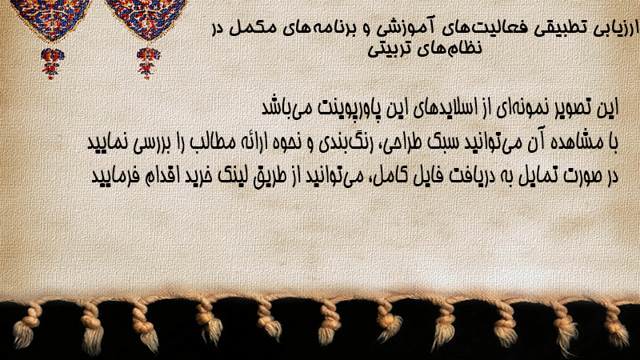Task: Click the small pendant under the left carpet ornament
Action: [52, 63]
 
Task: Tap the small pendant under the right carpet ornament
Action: [148, 63]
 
